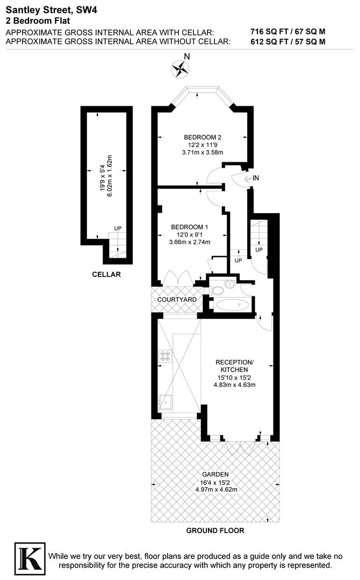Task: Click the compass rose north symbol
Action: (181, 68)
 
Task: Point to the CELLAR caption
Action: (106, 274)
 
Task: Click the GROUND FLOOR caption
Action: (215, 531)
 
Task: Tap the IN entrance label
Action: (256, 178)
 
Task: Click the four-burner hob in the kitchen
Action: (164, 356)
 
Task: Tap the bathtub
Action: (232, 306)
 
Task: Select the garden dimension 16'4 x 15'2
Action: (215, 482)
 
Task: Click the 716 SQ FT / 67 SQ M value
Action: (287, 32)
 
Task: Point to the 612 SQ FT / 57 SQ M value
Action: (287, 41)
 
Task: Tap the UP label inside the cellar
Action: (118, 228)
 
